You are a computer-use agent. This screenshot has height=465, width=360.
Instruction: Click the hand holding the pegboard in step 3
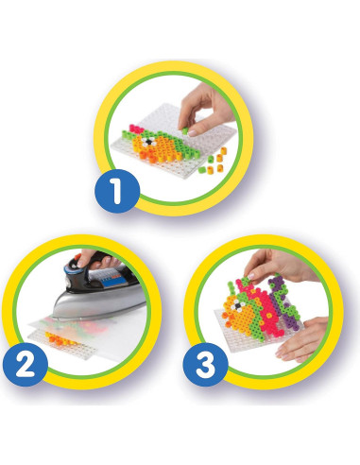(307, 340)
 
